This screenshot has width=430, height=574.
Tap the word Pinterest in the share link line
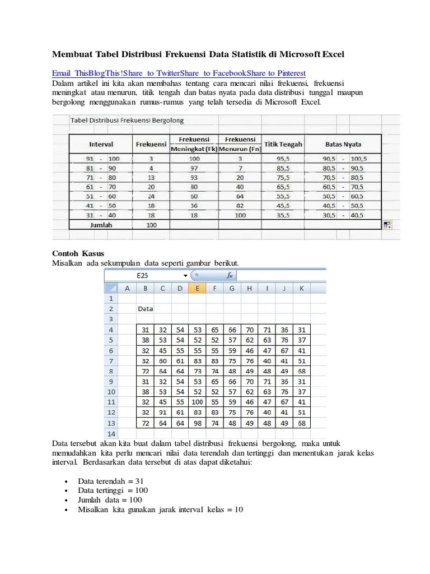pos(287,73)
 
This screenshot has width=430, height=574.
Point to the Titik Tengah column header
pos(283,144)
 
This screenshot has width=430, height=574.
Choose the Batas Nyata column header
pos(343,144)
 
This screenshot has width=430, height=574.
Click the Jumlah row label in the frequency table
pos(101,224)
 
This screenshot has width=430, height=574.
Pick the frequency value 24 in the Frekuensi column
pos(151,196)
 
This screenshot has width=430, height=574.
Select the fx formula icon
pos(230,276)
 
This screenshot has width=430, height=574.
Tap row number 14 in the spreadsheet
pos(111,434)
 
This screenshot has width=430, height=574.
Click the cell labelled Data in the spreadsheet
pos(146,309)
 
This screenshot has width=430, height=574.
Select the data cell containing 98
pos(197,423)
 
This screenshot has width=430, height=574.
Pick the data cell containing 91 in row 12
pos(162,412)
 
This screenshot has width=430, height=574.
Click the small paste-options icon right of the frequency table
pos(387,225)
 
